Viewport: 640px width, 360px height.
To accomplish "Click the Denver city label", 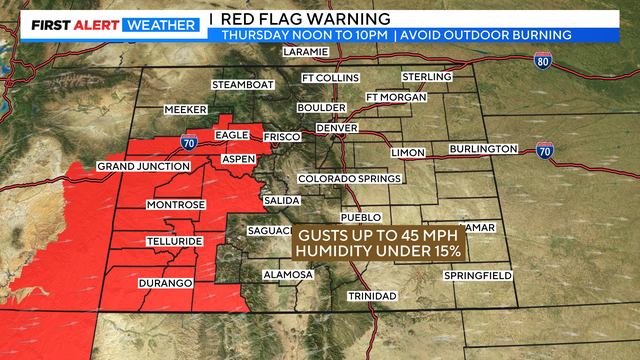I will [x=337, y=128].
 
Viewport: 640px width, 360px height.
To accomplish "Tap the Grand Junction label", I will [x=144, y=166].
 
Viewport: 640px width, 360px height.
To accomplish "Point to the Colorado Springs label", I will [x=350, y=179].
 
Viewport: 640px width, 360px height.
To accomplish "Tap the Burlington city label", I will [x=483, y=149].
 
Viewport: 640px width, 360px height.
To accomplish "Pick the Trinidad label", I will [x=372, y=297].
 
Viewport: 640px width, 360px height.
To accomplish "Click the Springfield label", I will [x=478, y=274].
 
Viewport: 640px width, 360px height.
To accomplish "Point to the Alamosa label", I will [x=289, y=274].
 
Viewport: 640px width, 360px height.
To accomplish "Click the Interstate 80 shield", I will [x=541, y=61].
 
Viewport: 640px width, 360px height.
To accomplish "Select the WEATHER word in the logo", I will [x=160, y=25].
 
